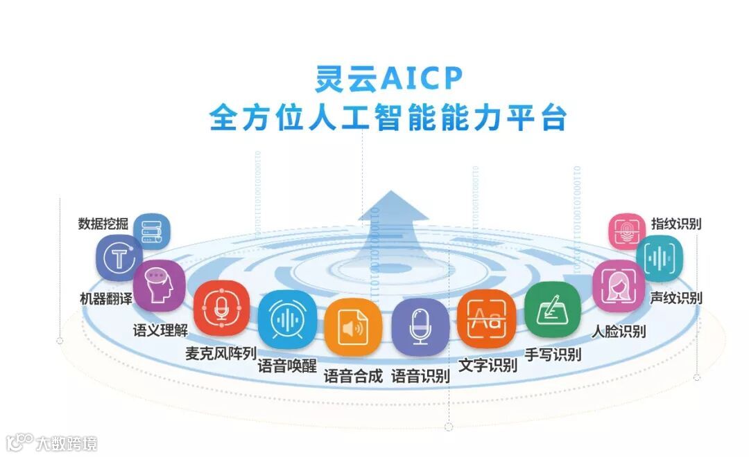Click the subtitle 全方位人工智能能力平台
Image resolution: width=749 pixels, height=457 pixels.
388,117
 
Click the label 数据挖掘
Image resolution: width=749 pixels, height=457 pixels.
103,224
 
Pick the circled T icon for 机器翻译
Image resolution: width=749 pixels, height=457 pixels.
119,258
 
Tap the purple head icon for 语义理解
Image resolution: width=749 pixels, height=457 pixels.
159,285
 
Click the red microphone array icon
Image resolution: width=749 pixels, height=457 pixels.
221,308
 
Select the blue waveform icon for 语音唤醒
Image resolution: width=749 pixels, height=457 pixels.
287,318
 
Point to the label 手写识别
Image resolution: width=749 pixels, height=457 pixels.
553,355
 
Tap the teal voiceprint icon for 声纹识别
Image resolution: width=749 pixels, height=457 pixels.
659,258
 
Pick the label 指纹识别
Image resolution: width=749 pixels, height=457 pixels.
676,224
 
